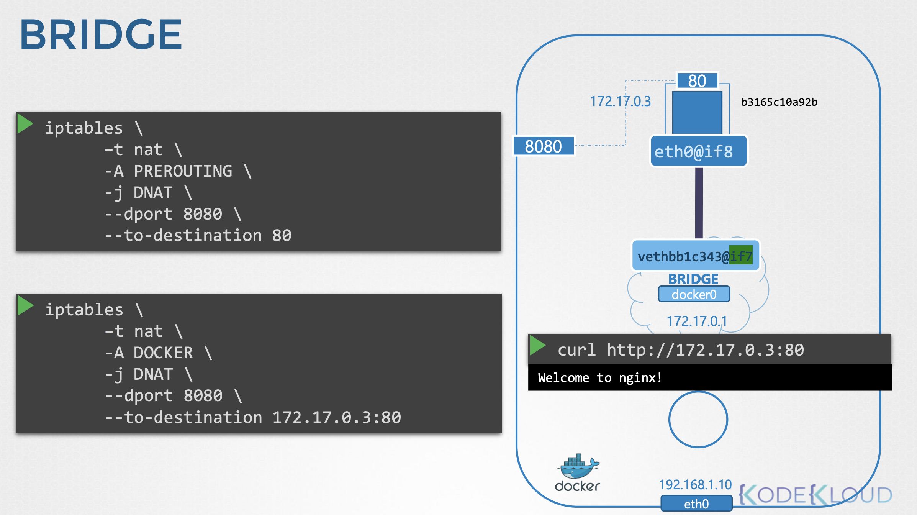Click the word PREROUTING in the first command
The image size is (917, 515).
(183, 171)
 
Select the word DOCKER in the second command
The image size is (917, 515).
(163, 353)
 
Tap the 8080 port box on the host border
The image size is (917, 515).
(544, 146)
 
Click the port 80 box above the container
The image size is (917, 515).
(697, 81)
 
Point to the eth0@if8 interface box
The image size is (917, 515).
(699, 151)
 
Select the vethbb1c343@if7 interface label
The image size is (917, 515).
(695, 256)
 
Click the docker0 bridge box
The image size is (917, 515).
(694, 294)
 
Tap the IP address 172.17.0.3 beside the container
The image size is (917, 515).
(620, 102)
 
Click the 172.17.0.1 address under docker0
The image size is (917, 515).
(697, 321)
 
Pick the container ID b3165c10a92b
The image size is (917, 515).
(779, 102)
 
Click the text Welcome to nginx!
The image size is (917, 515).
(600, 378)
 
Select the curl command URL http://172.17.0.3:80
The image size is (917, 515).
(705, 350)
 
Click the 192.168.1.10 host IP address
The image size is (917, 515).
(695, 485)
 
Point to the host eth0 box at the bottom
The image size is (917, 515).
(696, 504)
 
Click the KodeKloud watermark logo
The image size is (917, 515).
(815, 495)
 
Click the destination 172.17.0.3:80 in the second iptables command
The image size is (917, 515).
(337, 417)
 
